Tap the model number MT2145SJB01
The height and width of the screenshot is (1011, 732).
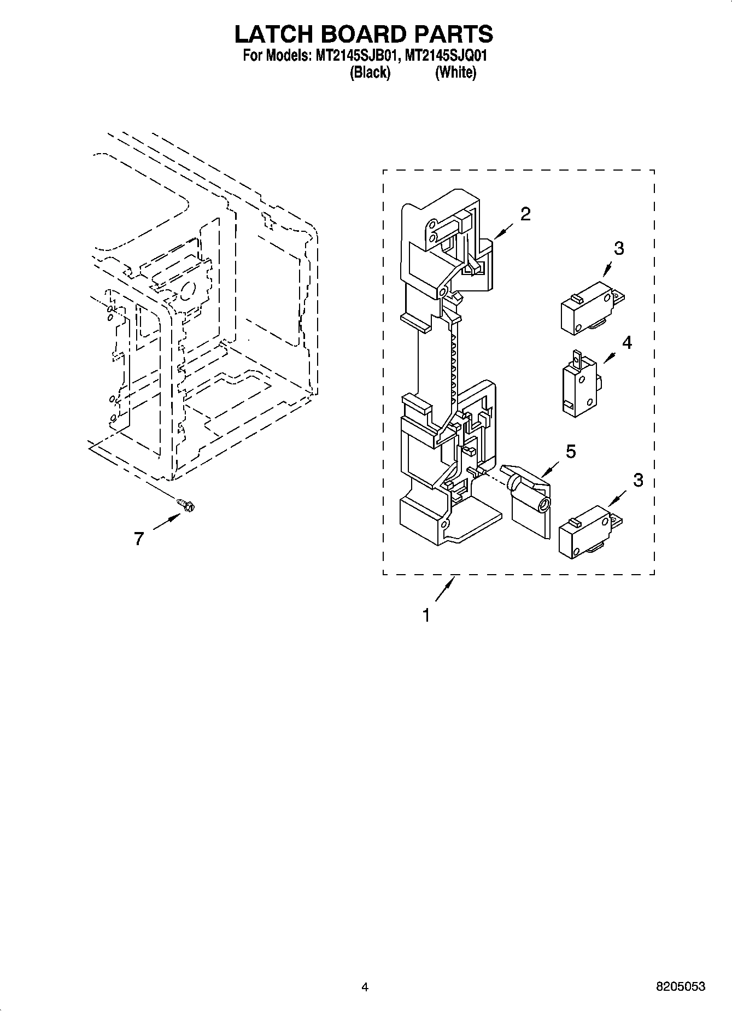tap(352, 56)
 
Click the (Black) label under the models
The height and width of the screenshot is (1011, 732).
tap(370, 72)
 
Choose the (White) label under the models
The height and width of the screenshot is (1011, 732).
tap(455, 72)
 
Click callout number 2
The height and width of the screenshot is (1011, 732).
tap(525, 214)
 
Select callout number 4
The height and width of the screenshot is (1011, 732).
tap(626, 343)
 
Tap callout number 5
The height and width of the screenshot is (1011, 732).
tap(570, 452)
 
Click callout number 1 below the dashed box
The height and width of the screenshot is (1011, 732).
tap(426, 616)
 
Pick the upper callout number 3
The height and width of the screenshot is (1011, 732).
tap(618, 248)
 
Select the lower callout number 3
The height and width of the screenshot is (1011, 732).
tap(638, 480)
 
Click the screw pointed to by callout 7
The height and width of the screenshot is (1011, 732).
tap(187, 506)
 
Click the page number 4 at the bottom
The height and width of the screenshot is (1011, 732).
tap(365, 987)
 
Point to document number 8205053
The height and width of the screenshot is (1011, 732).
tap(680, 987)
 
